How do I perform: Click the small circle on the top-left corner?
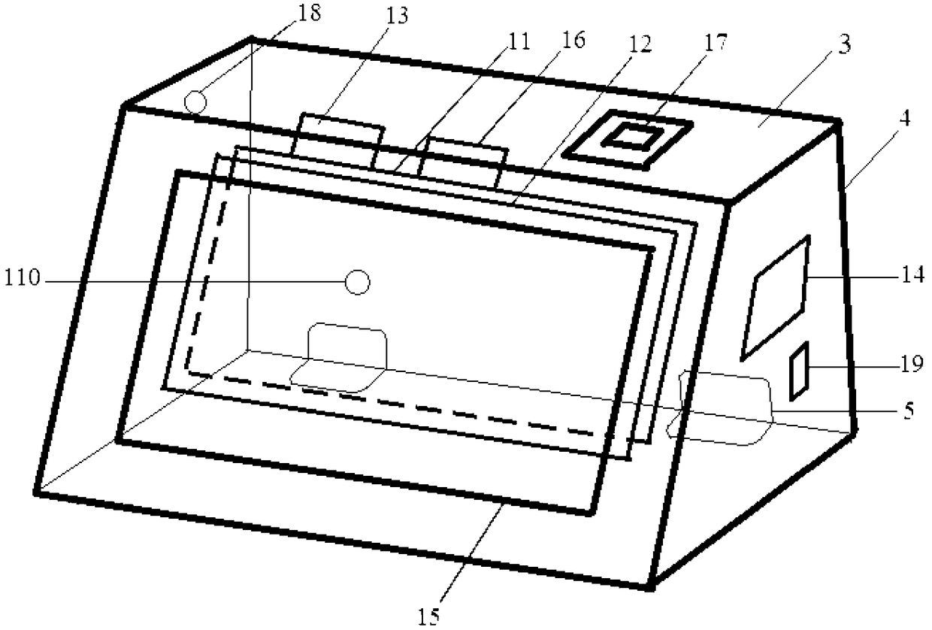coord(195,100)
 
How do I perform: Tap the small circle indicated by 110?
coord(357,283)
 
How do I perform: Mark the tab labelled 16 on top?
coord(463,159)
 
